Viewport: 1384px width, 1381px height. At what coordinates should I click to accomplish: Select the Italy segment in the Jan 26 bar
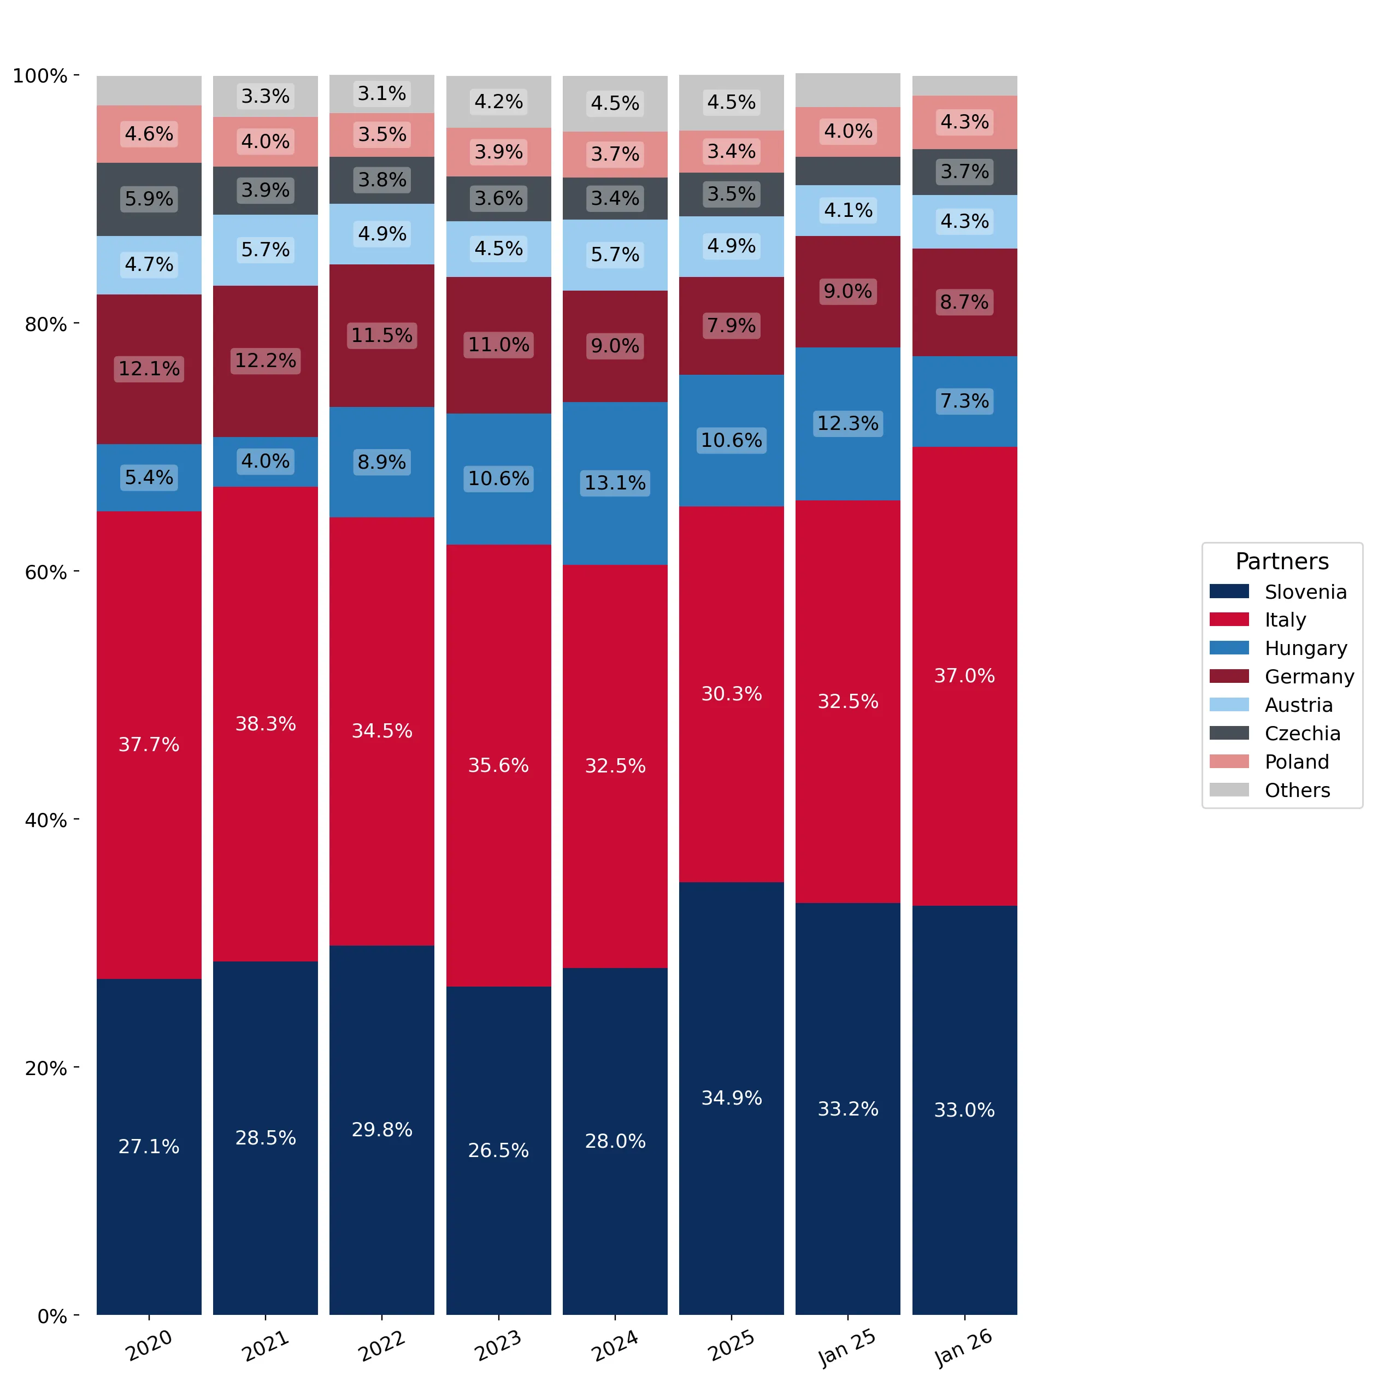[964, 676]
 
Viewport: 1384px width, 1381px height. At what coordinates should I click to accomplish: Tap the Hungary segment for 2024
[615, 483]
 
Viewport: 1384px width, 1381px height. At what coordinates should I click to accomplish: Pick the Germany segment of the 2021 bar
[265, 362]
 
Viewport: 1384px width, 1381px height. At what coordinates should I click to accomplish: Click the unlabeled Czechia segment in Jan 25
[847, 171]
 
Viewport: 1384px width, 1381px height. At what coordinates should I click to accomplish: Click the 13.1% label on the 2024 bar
[615, 483]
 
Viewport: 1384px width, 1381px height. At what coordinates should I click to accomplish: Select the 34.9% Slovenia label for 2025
[732, 1097]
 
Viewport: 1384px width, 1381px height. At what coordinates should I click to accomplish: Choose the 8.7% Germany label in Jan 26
[964, 302]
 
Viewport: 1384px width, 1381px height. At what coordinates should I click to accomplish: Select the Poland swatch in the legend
[1229, 762]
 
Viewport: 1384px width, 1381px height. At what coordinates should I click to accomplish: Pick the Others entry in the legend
[1269, 790]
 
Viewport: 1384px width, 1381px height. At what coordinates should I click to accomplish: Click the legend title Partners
[1282, 562]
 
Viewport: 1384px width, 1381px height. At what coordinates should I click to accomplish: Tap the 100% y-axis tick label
[40, 76]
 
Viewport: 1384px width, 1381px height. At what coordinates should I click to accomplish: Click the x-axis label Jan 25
[847, 1347]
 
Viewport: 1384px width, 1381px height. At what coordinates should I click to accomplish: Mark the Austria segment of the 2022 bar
[382, 234]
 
